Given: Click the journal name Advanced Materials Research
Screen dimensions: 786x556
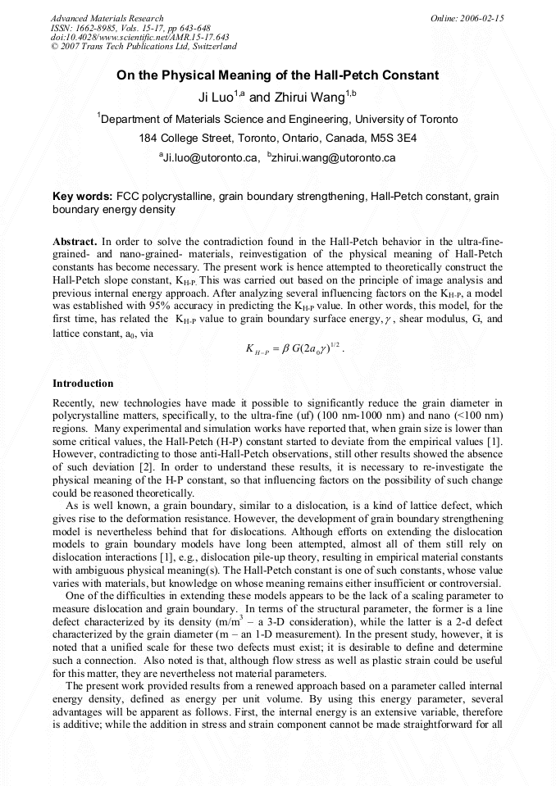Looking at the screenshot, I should click(107, 18).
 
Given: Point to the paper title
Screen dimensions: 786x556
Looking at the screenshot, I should click(277, 75).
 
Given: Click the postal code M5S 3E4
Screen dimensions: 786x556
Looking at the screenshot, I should click(394, 138).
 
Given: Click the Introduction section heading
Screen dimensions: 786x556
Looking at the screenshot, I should click(83, 383).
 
